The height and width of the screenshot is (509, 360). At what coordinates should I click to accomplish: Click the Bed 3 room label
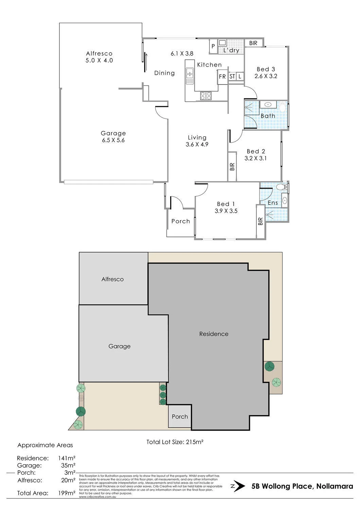click(266, 69)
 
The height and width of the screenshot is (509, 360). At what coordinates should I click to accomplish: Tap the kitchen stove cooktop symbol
click(205, 96)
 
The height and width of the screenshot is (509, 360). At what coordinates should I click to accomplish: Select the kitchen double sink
click(190, 76)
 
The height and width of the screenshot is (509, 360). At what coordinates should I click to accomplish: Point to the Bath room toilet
click(282, 107)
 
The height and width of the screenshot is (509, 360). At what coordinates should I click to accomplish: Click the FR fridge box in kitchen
click(222, 77)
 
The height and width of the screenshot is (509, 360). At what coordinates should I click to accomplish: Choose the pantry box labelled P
click(213, 46)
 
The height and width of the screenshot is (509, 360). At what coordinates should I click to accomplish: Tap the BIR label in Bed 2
click(232, 167)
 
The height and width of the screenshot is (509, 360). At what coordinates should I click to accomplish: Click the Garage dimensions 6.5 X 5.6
click(113, 140)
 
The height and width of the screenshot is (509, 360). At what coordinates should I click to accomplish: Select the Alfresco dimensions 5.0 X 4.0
click(99, 60)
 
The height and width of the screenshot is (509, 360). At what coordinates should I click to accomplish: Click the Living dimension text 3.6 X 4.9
click(197, 144)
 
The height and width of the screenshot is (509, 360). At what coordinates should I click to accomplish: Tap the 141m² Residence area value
click(67, 458)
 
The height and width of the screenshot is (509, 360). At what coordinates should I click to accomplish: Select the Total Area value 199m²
click(67, 493)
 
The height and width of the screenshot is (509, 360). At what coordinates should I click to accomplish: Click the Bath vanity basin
click(269, 105)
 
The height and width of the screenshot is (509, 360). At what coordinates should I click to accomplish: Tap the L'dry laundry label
click(231, 50)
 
